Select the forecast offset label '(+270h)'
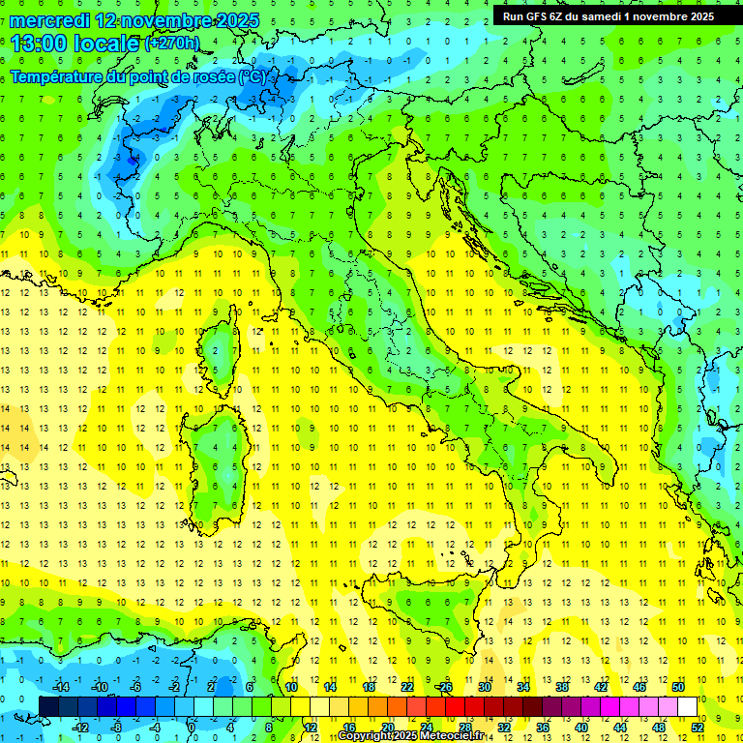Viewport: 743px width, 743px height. tap(172, 44)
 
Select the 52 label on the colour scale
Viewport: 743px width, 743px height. tap(698, 727)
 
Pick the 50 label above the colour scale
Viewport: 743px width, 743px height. tap(678, 686)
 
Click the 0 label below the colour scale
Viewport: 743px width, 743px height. tap(191, 727)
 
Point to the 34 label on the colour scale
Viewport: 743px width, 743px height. tap(523, 686)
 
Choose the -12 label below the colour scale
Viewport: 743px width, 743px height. tap(80, 727)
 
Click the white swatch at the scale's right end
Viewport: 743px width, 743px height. tap(688, 706)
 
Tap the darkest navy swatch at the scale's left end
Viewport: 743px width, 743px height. tap(48, 706)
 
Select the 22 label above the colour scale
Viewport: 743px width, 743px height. tap(407, 686)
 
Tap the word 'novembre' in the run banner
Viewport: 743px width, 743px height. tap(659, 16)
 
